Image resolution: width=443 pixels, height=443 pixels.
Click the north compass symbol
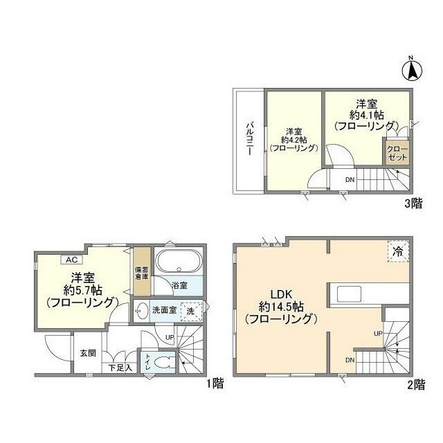[x=410, y=69]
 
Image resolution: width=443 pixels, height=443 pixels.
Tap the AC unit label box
[x=71, y=260]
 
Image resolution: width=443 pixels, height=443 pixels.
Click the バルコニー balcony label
[x=247, y=139]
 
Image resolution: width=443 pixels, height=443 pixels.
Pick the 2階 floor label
[x=415, y=386]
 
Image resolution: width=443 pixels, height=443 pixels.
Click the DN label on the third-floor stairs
[x=350, y=181]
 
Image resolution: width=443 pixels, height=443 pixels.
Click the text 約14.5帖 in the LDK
[x=279, y=305]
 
